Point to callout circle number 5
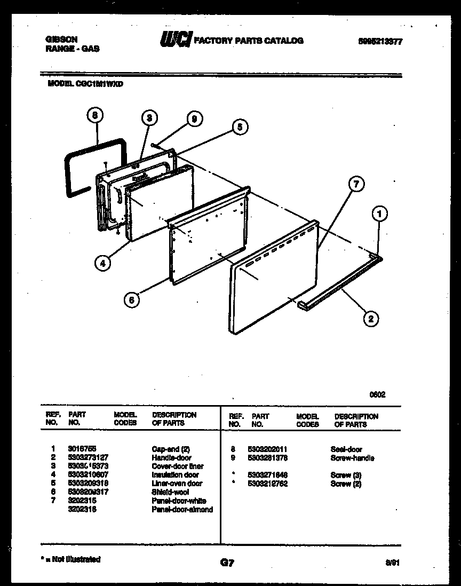240,127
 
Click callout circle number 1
379,215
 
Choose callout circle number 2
371,319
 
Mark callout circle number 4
103,262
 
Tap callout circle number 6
131,300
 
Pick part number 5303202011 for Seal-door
268,449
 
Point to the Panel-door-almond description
182,509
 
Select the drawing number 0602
378,395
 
